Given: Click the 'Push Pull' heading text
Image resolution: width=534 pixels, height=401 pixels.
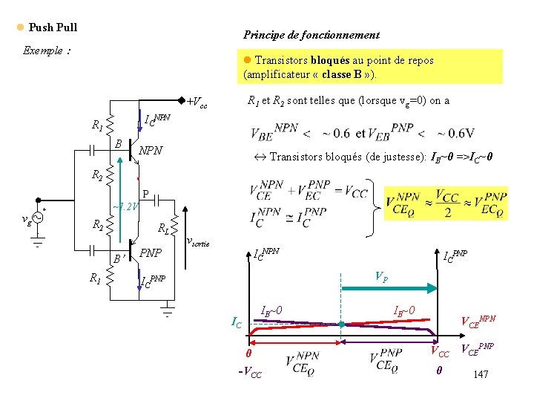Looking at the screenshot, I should (x=53, y=27).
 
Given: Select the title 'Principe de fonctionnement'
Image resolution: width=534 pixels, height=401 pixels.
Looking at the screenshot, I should (x=311, y=35).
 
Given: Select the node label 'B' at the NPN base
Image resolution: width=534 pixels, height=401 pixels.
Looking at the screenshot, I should (x=119, y=142).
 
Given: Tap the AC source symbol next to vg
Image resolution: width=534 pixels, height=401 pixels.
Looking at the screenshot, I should (x=36, y=218).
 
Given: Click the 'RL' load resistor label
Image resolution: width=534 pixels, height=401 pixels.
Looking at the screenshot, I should (x=162, y=229).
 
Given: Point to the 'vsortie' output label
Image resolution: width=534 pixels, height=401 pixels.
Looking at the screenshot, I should (x=197, y=242).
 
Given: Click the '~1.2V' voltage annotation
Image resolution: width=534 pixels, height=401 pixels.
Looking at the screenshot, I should (x=124, y=206).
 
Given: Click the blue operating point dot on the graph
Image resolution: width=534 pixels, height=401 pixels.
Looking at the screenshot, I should (x=341, y=325).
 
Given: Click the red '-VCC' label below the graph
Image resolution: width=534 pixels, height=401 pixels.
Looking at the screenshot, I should (x=249, y=374).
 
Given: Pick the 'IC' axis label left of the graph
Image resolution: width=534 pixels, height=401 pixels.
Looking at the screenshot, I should (x=236, y=322).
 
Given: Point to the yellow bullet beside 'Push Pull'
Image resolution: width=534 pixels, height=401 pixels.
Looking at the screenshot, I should (x=20, y=27).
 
